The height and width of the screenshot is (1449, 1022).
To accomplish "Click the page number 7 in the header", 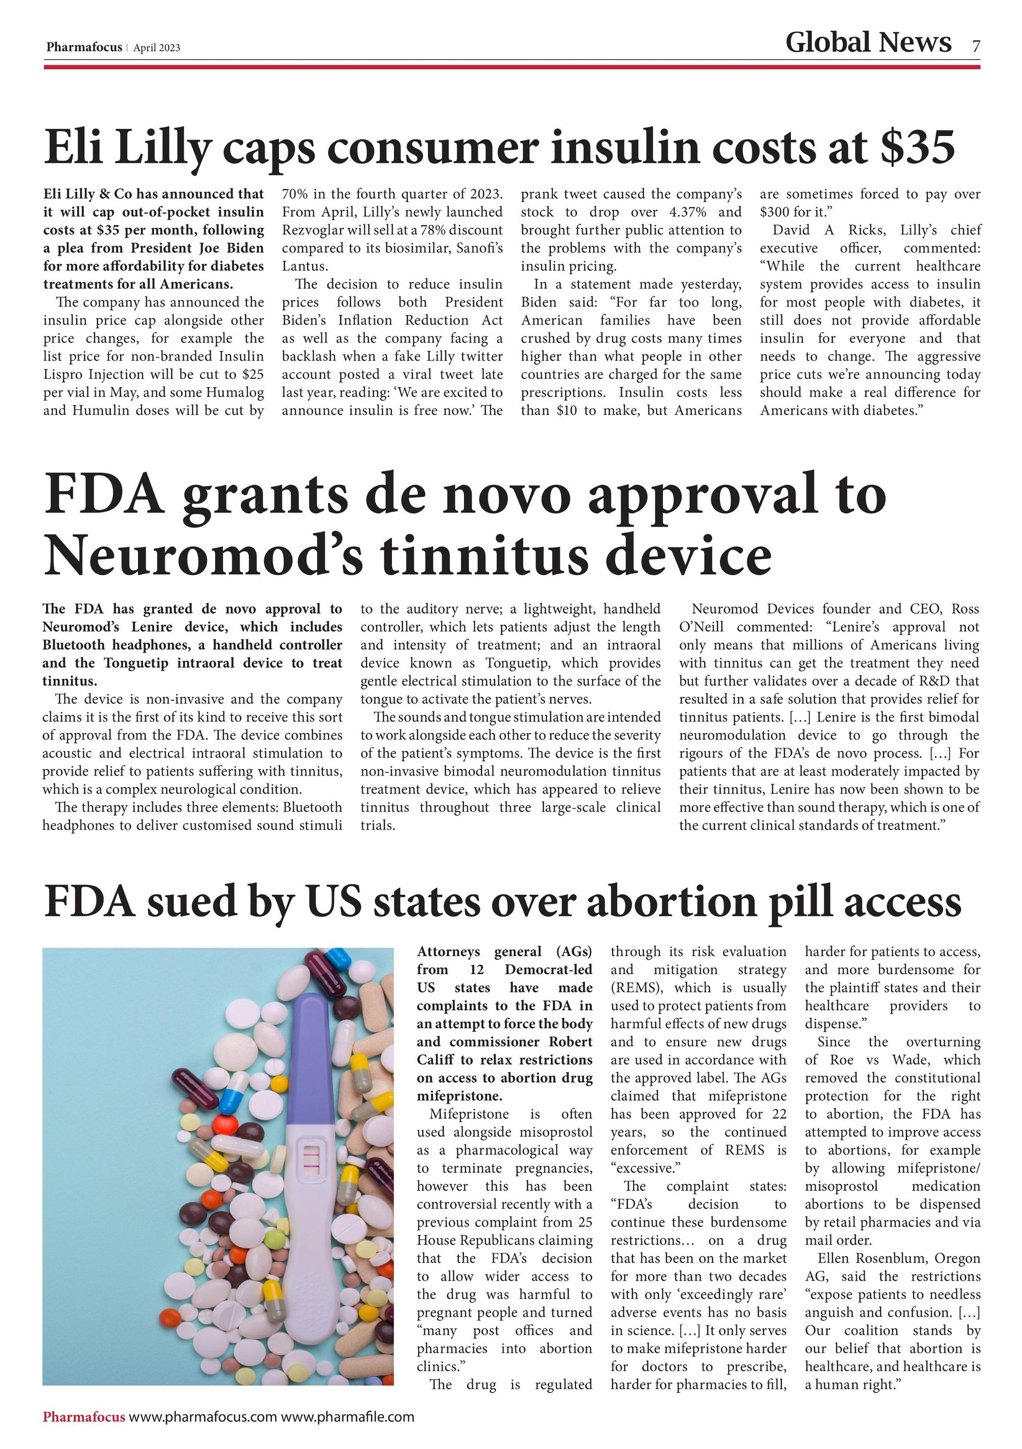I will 975,46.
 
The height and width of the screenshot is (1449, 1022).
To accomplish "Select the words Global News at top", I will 868,42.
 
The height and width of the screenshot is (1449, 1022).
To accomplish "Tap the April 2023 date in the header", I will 156,48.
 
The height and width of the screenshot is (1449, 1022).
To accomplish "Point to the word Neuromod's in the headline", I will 202,555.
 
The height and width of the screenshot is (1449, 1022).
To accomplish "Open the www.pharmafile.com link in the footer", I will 347,1417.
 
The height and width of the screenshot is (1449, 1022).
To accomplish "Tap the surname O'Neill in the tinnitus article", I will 701,627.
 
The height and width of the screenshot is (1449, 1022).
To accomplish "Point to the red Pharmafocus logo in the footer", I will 84,1417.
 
